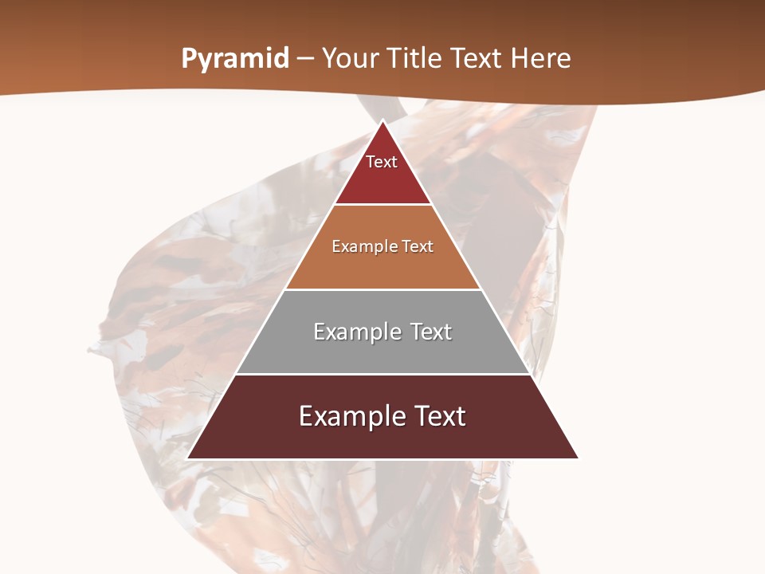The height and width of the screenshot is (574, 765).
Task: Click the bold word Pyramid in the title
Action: (x=234, y=59)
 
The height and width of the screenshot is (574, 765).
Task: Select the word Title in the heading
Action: (x=415, y=59)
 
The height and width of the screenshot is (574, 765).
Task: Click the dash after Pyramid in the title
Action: (x=304, y=60)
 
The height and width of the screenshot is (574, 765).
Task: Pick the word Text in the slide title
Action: (x=477, y=59)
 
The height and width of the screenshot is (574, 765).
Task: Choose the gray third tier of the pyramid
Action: (x=382, y=351)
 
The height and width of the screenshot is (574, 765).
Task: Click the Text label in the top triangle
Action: (x=382, y=162)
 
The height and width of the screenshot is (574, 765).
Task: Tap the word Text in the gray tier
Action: (x=431, y=332)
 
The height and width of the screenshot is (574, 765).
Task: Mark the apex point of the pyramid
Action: (x=382, y=121)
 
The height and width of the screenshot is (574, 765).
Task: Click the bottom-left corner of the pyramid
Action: (x=188, y=458)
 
